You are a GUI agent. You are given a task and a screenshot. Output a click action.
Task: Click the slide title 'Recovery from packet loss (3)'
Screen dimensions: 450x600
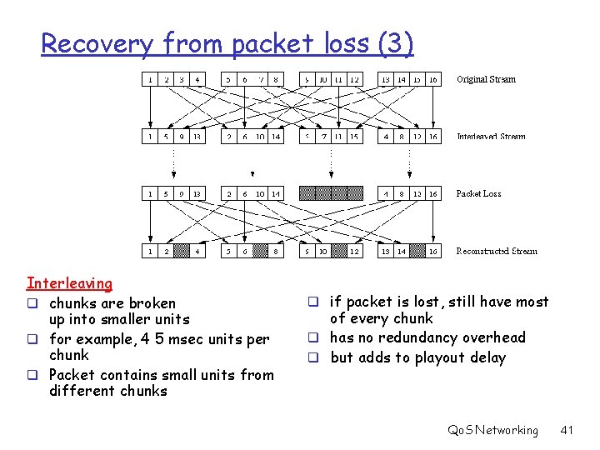227,42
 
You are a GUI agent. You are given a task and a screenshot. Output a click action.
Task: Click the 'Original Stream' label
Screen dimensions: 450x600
486,80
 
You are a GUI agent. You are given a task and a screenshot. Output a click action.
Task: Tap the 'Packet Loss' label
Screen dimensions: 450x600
478,193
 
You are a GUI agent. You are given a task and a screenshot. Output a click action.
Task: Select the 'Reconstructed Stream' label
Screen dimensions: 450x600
497,251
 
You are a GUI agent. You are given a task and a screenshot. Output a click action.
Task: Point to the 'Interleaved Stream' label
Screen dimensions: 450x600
491,137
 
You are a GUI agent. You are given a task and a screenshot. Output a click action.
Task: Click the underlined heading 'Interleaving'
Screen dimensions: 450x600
69,284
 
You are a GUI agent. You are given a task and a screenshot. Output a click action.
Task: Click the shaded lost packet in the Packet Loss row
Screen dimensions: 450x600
332,193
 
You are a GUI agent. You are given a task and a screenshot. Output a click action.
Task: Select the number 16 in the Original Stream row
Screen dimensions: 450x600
433,80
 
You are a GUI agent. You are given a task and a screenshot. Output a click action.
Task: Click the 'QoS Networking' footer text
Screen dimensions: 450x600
492,430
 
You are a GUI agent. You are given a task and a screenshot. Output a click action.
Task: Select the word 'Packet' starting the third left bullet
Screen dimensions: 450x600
72,375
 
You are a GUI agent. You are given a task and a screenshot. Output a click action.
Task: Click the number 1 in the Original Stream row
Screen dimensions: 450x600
150,80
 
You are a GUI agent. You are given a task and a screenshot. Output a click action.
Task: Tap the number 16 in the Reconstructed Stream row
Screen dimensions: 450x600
433,251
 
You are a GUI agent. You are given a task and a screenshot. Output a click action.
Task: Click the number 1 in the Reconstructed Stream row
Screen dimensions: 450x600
150,251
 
